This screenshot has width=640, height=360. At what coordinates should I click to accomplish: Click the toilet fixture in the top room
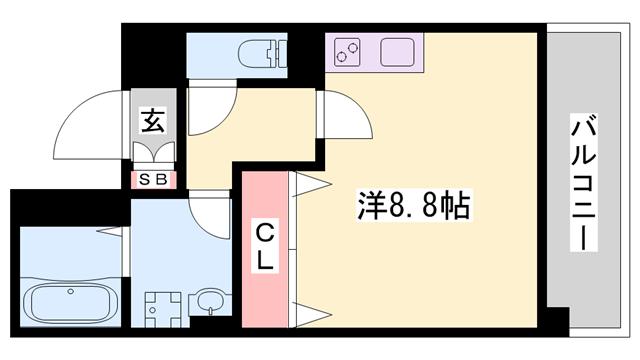coord(262,51)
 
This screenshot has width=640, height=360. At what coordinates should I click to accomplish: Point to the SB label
coord(154,181)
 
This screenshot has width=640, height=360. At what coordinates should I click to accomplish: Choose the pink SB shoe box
coord(154,181)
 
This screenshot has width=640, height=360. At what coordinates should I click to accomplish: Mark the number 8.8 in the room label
coord(412,206)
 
